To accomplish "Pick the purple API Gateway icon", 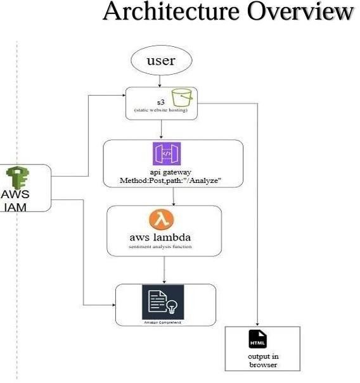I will tap(166, 154).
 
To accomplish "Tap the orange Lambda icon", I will tap(162, 220).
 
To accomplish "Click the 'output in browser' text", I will tap(262, 361).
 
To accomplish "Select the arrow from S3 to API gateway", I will tap(162, 130).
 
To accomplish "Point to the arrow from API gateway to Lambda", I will tap(174, 197).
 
